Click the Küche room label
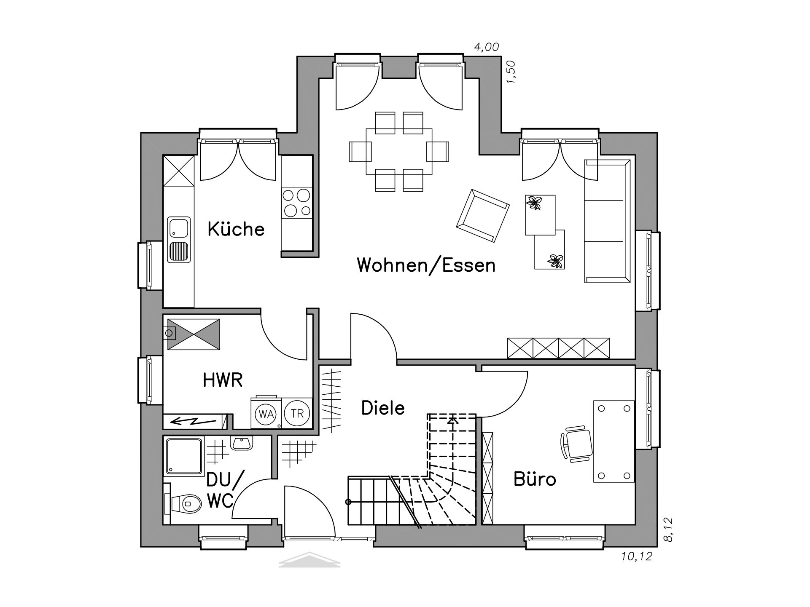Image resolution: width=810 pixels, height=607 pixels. click(x=236, y=229)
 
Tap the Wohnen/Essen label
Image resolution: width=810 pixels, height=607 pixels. click(x=426, y=265)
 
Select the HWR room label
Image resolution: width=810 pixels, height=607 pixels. click(x=223, y=380)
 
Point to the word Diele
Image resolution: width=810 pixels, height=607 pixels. click(x=383, y=408)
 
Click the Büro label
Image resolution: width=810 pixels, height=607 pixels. click(x=535, y=479)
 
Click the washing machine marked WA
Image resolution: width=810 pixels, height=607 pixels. click(x=266, y=413)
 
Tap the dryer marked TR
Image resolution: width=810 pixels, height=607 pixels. click(x=297, y=413)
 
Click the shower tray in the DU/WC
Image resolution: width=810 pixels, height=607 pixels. click(x=184, y=456)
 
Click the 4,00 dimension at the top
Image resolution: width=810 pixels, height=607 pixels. click(x=487, y=47)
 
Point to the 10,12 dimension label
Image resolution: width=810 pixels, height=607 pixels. click(x=637, y=556)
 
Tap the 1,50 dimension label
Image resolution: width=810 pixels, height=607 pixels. click(x=511, y=72)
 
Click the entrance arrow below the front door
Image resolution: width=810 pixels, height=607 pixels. click(x=309, y=559)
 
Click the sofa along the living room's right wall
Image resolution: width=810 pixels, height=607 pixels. click(x=607, y=221)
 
